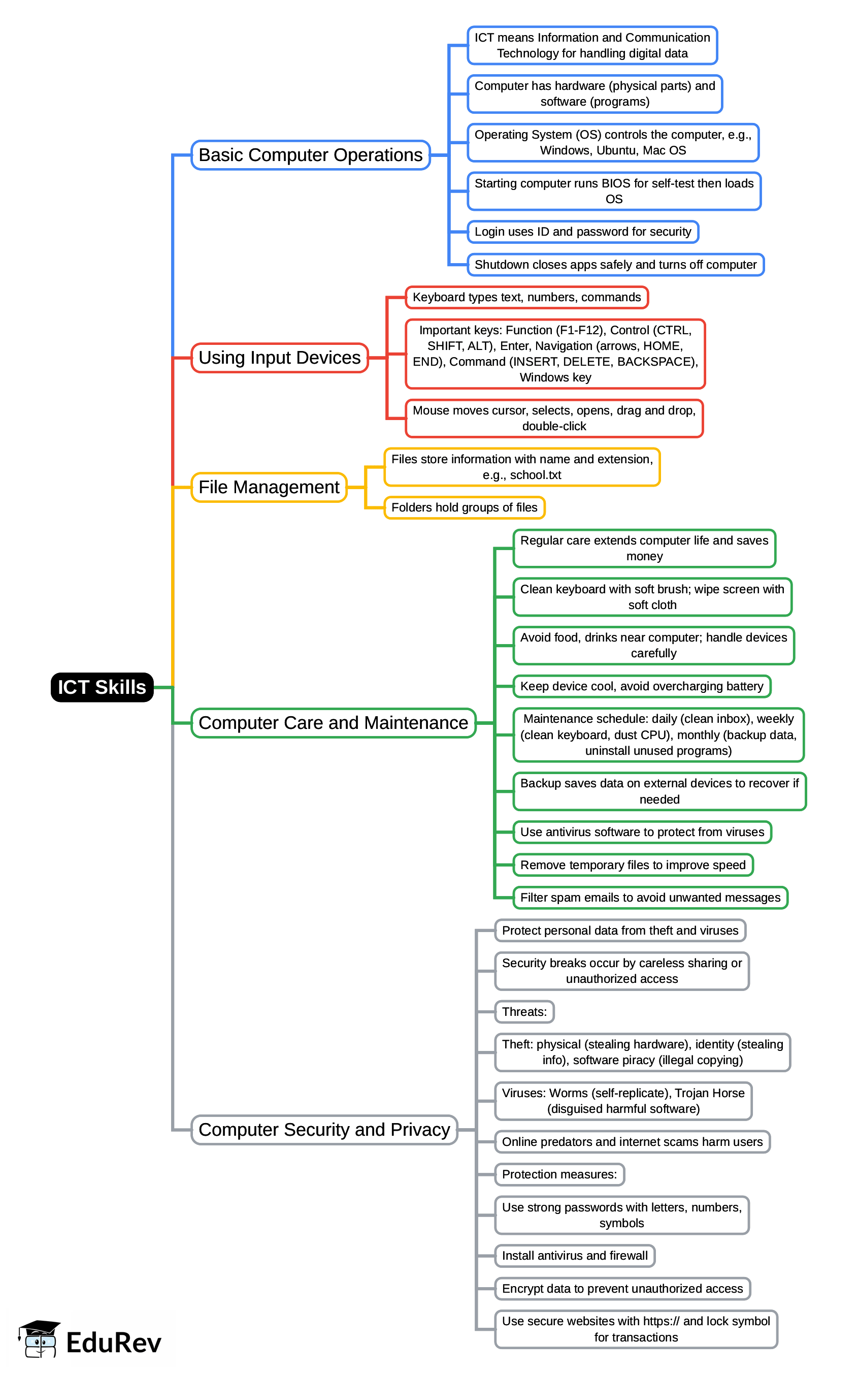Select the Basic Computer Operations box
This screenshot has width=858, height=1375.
tap(310, 155)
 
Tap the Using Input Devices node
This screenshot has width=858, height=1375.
tap(279, 358)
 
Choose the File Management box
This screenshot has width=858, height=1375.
tap(269, 487)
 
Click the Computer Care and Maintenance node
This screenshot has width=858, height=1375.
tap(333, 723)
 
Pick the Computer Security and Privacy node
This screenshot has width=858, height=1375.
tap(324, 1130)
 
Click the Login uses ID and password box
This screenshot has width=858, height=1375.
tap(582, 232)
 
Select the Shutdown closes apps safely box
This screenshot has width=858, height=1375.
tap(615, 265)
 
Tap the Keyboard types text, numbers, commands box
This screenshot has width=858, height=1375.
tap(526, 297)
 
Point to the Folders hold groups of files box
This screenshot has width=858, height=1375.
tap(464, 507)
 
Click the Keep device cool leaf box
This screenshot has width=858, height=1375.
tap(641, 686)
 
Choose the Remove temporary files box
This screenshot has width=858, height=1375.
tap(632, 865)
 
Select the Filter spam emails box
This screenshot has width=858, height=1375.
tap(650, 898)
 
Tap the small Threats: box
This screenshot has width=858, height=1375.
tap(524, 1012)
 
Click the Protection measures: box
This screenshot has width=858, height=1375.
tap(559, 1174)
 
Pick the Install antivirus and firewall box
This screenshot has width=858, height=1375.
tap(574, 1255)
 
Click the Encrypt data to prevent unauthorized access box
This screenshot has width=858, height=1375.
tap(622, 1288)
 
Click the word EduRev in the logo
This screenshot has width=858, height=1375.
tap(114, 1342)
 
